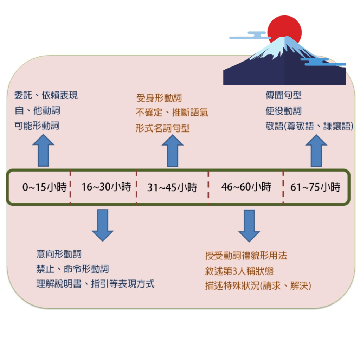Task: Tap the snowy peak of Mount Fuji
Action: point(281,46)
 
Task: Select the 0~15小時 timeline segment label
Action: point(44,187)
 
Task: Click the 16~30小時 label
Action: point(106,187)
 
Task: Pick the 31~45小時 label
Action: point(172,187)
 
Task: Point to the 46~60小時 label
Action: point(246,187)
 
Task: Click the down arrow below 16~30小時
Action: point(102,225)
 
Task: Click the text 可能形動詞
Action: point(37,126)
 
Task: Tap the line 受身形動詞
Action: point(159,98)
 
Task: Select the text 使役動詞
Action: point(283,111)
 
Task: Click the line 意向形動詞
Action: point(59,254)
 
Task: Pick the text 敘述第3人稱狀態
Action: point(239,271)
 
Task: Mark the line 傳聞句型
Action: point(283,95)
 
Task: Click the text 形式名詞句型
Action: point(163,128)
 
